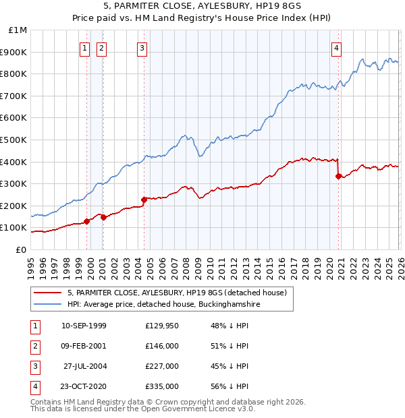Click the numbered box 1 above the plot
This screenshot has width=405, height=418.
point(85,48)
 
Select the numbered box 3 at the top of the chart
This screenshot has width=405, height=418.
point(143,48)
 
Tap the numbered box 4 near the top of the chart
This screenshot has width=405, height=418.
point(336,48)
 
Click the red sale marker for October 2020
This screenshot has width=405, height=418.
point(338,176)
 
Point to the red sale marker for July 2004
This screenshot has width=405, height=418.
point(144,200)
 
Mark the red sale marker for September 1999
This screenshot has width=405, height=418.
point(86,221)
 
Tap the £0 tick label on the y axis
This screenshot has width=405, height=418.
point(20,249)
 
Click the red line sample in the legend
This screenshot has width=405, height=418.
point(49,293)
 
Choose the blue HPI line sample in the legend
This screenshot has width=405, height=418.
point(49,305)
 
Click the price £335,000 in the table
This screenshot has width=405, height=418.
point(161,387)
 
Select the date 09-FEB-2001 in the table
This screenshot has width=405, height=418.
point(84,346)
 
